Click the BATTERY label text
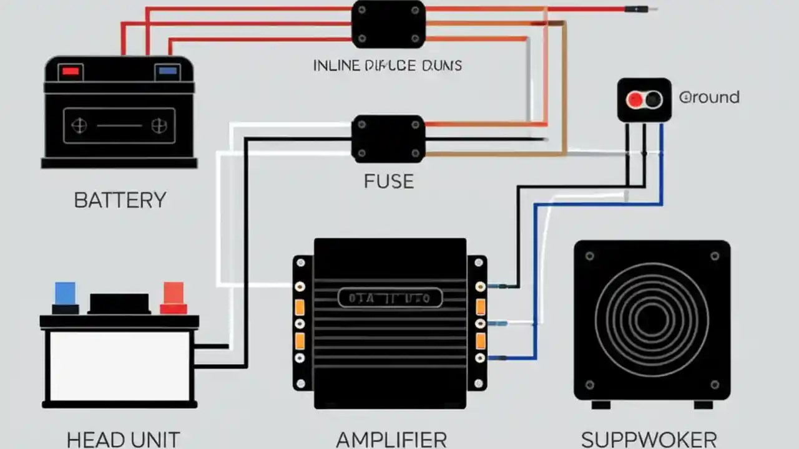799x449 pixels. click(x=120, y=200)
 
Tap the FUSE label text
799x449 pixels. click(x=389, y=181)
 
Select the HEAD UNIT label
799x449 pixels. click(x=123, y=439)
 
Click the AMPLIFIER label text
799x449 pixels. click(x=391, y=439)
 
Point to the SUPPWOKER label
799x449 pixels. click(x=649, y=439)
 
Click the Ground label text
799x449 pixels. click(x=709, y=97)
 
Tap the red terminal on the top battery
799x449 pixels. click(x=71, y=71)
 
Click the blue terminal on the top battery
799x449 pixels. click(x=167, y=71)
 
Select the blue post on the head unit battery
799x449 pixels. click(x=65, y=293)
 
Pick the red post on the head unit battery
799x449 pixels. click(x=174, y=293)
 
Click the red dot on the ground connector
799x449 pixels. click(x=635, y=99)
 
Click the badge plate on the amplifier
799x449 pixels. click(x=390, y=298)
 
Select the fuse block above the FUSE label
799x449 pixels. click(x=388, y=138)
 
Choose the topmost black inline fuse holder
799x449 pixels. click(x=388, y=24)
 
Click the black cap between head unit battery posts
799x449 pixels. click(x=120, y=303)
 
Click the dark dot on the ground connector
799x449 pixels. click(x=653, y=99)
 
